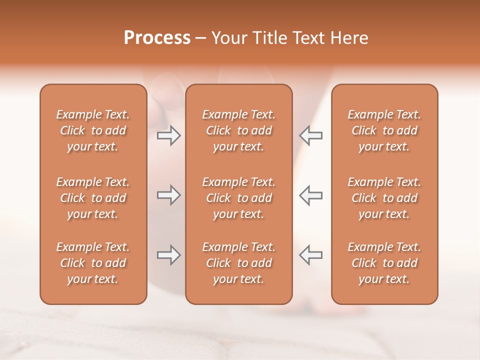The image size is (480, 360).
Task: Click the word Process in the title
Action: click(x=157, y=38)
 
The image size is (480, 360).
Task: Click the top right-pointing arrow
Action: click(x=168, y=135)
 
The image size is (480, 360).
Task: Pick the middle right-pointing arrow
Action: click(x=168, y=195)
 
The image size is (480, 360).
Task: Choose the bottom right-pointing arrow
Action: click(x=168, y=255)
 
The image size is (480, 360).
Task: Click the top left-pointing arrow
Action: click(x=311, y=135)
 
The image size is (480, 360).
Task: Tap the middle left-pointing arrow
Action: click(x=311, y=195)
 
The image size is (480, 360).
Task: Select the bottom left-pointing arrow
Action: click(x=311, y=255)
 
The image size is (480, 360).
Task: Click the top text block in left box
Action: click(x=93, y=130)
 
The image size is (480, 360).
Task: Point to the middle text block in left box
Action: click(x=93, y=198)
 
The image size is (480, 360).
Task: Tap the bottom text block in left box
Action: click(x=93, y=263)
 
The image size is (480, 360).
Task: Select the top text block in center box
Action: click(x=238, y=130)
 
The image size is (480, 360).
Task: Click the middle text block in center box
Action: click(x=238, y=198)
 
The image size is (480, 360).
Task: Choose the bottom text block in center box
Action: click(x=238, y=263)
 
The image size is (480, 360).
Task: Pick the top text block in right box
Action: click(x=384, y=130)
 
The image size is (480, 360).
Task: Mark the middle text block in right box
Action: click(x=384, y=198)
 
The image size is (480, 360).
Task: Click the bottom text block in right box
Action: click(x=384, y=263)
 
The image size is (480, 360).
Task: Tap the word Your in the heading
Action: click(x=228, y=38)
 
